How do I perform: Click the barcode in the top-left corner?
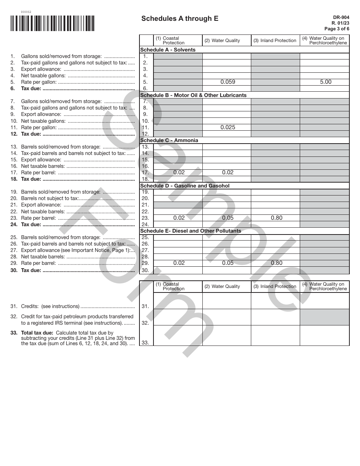(53, 23)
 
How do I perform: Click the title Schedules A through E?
(180, 19)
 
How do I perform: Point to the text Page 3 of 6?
(337, 29)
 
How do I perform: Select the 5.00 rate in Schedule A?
(326, 82)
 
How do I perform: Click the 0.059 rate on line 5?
(228, 82)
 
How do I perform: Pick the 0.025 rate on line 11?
(228, 127)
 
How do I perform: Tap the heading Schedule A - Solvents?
(168, 50)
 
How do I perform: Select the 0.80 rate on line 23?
(277, 218)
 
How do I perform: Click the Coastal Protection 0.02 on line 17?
(179, 172)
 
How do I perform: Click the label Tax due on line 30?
(31, 270)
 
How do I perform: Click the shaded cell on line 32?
(324, 317)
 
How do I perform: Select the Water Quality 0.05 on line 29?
(228, 263)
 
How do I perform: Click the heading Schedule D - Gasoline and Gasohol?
(185, 186)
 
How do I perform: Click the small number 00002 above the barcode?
(26, 12)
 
